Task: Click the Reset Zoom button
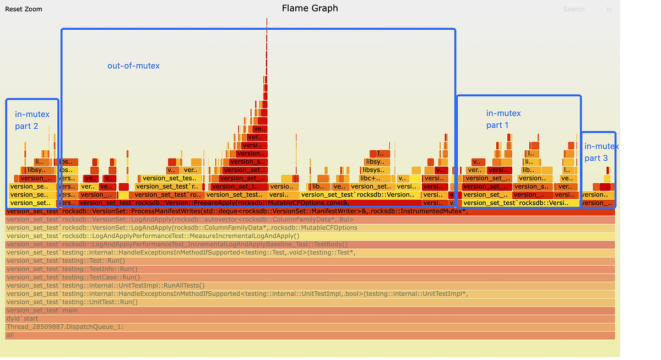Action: coord(24,9)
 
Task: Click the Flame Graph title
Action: coord(310,8)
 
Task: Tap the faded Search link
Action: coord(573,9)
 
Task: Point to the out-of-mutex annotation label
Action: coord(133,66)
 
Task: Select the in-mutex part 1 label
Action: coord(503,119)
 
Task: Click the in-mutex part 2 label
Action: coord(32,120)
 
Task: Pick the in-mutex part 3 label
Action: coord(600,152)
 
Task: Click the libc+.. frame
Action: coord(374,178)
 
